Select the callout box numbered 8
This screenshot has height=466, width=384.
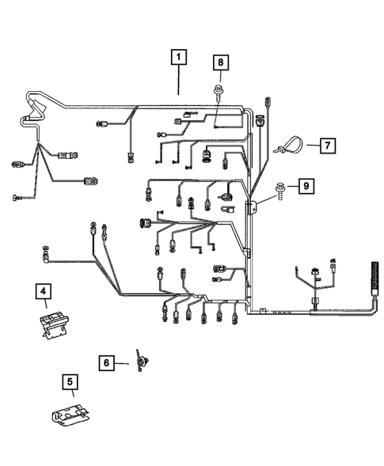click(x=220, y=62)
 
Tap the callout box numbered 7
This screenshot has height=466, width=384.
click(x=325, y=145)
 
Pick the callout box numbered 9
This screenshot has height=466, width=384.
click(x=305, y=187)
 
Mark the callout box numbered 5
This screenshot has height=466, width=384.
click(x=70, y=385)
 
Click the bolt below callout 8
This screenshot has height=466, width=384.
click(x=219, y=94)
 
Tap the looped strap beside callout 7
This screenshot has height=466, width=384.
click(x=288, y=146)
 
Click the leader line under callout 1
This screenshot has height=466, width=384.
click(x=180, y=80)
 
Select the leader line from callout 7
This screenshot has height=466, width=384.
click(x=309, y=146)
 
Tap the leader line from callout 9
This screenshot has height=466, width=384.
click(x=290, y=188)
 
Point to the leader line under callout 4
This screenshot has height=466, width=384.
click(x=45, y=308)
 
